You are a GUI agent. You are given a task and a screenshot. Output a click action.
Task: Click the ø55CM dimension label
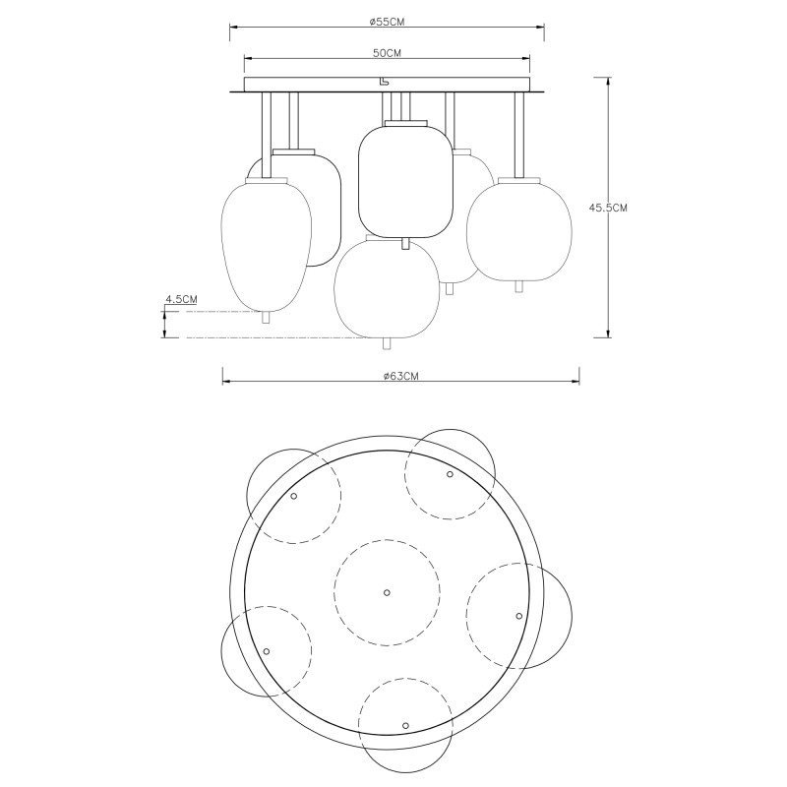pos(387,22)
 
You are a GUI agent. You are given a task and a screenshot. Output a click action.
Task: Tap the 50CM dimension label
pos(387,53)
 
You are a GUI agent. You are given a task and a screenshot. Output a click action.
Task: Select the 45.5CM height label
pos(608,208)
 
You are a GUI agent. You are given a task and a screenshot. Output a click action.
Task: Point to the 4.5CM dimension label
pos(181,299)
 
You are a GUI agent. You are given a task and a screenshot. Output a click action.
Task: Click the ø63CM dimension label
pos(400,376)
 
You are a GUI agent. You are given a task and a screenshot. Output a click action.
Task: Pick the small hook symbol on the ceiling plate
pos(384,82)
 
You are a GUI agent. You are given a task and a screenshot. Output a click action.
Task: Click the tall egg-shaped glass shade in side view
pos(267,245)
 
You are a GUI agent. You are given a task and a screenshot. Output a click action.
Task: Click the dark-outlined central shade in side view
pos(405,181)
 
